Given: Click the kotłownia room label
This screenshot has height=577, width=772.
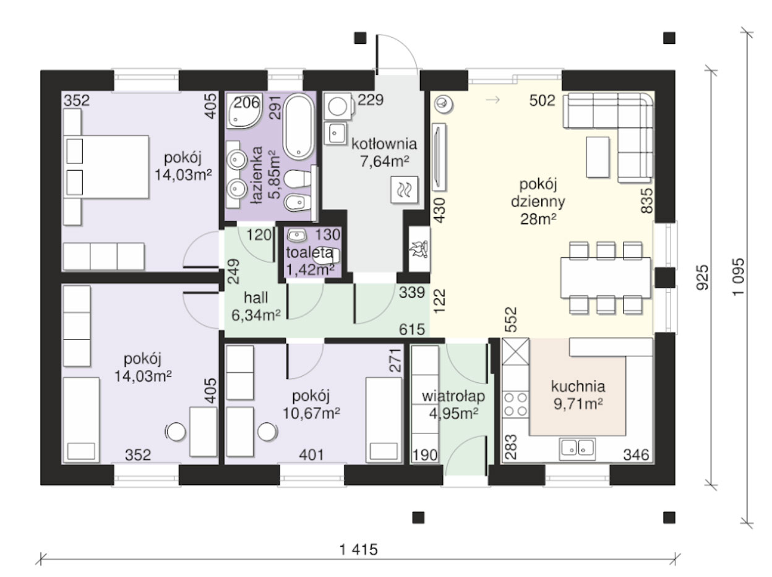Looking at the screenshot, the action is (x=384, y=144).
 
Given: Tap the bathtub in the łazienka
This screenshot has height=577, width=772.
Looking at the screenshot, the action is (x=298, y=127).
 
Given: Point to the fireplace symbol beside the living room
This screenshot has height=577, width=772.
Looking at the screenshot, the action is (x=419, y=249).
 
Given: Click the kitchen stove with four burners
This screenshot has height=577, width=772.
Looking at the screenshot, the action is (x=516, y=404).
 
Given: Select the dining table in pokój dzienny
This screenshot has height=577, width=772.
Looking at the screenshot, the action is (x=605, y=278).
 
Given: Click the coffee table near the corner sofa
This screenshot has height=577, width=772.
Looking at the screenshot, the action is (x=598, y=157).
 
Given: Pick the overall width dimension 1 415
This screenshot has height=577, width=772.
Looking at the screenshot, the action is (x=359, y=550).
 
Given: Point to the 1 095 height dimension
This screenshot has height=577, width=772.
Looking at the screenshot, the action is (x=738, y=277).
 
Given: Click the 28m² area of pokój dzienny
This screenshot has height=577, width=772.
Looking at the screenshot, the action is (x=538, y=219).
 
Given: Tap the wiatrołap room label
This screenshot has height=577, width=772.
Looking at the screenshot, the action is (x=453, y=396).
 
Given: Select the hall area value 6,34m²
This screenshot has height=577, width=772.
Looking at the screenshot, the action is (x=255, y=315).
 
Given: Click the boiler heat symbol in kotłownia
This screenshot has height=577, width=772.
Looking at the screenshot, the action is (x=405, y=190).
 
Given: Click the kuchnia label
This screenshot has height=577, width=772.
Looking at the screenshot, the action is (x=578, y=387).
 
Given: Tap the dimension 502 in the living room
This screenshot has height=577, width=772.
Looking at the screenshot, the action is (x=542, y=101).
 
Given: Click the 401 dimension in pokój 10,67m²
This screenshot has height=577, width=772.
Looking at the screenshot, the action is (x=311, y=455).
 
